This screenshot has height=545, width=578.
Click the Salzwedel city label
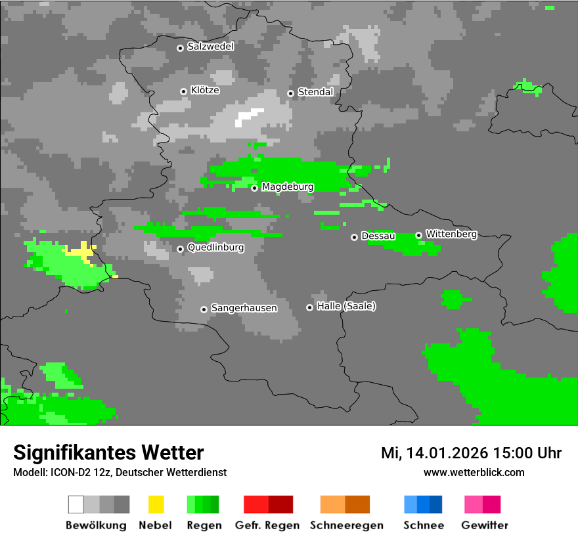click(210, 47)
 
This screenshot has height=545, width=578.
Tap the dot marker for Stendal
click(290, 93)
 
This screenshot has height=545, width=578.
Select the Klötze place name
click(204, 91)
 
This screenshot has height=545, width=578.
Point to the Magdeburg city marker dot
click(254, 188)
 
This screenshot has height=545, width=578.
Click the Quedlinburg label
click(215, 248)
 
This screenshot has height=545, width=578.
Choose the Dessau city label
click(378, 236)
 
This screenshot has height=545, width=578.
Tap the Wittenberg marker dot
click(418, 235)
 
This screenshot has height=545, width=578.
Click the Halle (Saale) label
click(346, 307)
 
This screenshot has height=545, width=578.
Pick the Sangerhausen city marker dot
click(204, 309)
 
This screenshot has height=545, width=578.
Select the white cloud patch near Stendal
click(249, 117)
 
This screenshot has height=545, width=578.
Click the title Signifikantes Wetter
click(108, 452)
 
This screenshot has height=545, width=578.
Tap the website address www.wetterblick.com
click(474, 472)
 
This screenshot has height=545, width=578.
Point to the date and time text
click(471, 453)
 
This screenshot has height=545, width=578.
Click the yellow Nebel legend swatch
click(156, 504)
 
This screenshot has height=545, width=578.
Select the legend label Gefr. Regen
click(267, 525)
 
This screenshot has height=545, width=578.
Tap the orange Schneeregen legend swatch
click(345, 504)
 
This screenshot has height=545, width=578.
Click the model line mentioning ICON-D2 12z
click(120, 472)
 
